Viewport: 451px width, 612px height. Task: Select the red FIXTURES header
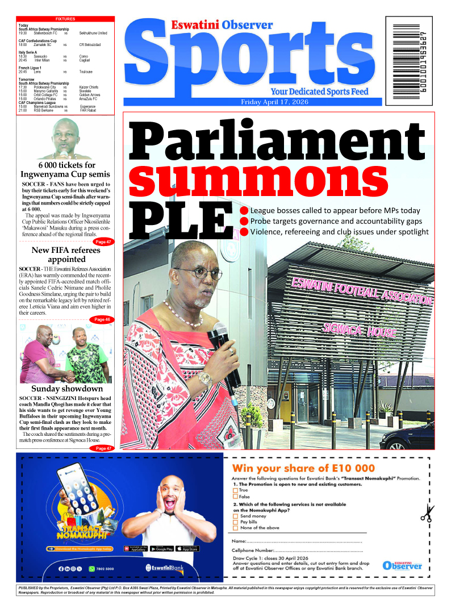click(x=65, y=19)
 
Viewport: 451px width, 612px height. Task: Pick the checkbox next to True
click(x=235, y=490)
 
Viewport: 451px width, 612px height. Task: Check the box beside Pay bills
click(x=236, y=522)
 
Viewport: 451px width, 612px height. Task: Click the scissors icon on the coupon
click(x=425, y=511)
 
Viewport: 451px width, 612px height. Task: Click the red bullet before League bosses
click(x=243, y=210)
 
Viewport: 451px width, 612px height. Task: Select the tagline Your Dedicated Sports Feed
click(x=319, y=91)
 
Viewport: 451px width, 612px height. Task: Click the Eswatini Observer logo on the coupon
click(x=402, y=565)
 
